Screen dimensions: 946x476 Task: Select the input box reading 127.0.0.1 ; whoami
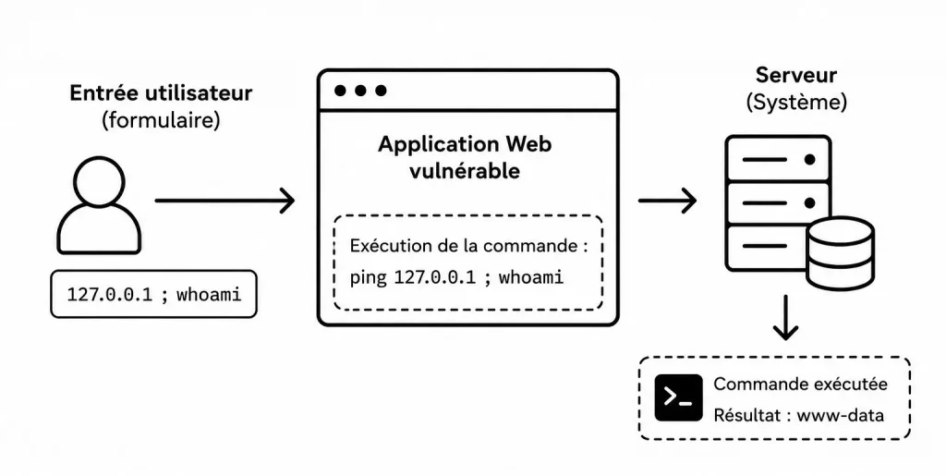click(x=153, y=294)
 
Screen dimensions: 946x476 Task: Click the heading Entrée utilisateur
click(x=161, y=93)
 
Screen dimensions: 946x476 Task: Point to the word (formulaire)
click(x=161, y=120)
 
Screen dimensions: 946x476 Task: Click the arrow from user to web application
click(x=225, y=201)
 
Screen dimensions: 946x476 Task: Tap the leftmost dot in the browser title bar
click(x=340, y=91)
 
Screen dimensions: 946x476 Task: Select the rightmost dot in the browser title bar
click(x=381, y=91)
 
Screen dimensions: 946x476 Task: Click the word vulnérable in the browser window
click(x=465, y=171)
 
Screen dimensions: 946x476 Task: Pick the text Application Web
click(x=465, y=144)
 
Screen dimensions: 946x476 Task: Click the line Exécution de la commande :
click(x=468, y=246)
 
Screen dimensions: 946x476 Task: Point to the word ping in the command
click(x=368, y=277)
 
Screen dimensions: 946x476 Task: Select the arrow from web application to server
click(x=668, y=201)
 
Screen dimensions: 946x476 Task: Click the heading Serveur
click(x=796, y=75)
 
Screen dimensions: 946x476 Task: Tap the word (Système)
click(x=796, y=102)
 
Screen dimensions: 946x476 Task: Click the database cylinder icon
click(x=841, y=253)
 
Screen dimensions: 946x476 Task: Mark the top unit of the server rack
click(x=778, y=159)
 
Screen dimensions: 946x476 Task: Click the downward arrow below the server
click(x=785, y=318)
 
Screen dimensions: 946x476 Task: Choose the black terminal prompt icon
click(x=679, y=397)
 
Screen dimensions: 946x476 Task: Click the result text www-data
click(x=841, y=415)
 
